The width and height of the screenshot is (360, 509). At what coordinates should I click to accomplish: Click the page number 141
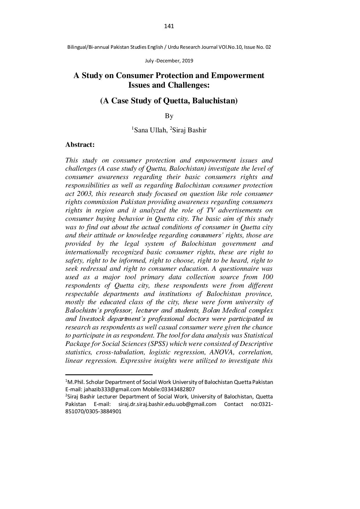(x=169, y=26)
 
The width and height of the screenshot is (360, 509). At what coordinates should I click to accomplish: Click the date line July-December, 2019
(x=169, y=61)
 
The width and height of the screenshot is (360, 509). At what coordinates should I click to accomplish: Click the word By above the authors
(x=169, y=116)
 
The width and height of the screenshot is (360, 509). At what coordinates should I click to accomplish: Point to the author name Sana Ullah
(x=150, y=130)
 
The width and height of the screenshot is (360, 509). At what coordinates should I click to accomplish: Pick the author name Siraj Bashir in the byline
(x=189, y=130)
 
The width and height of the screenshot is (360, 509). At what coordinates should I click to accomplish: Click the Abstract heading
(x=80, y=145)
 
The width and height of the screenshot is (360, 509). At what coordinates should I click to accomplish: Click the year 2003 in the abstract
(x=84, y=194)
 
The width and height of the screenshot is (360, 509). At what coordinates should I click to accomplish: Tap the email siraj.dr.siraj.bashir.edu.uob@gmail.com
(x=168, y=404)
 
